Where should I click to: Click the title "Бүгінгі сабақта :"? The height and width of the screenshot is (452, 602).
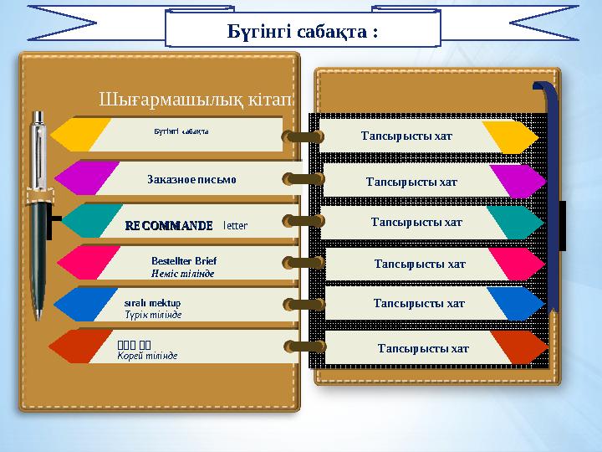coord(304,32)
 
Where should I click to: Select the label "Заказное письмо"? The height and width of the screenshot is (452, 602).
coord(191,179)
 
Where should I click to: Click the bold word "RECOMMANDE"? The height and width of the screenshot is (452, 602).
coord(168,225)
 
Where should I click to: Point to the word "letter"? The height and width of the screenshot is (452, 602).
coord(236,225)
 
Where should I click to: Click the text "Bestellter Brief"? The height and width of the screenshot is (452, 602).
coord(184,260)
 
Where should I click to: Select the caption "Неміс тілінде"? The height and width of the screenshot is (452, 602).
coord(182,274)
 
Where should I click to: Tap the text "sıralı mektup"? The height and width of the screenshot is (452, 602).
coord(152,301)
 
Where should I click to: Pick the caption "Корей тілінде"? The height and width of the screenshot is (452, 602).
coord(147,356)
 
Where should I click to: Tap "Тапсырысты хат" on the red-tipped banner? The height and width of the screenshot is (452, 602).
coord(423,348)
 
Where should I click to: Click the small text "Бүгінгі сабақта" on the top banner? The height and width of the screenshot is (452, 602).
coord(181,131)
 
